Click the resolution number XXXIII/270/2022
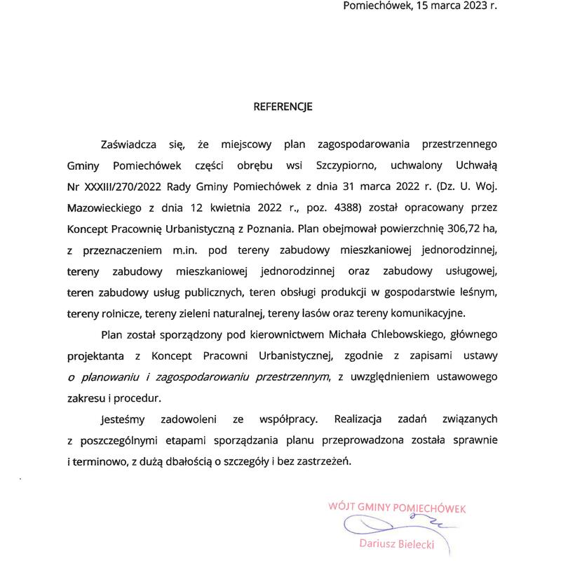(121, 187)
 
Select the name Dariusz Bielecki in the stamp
(397, 543)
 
